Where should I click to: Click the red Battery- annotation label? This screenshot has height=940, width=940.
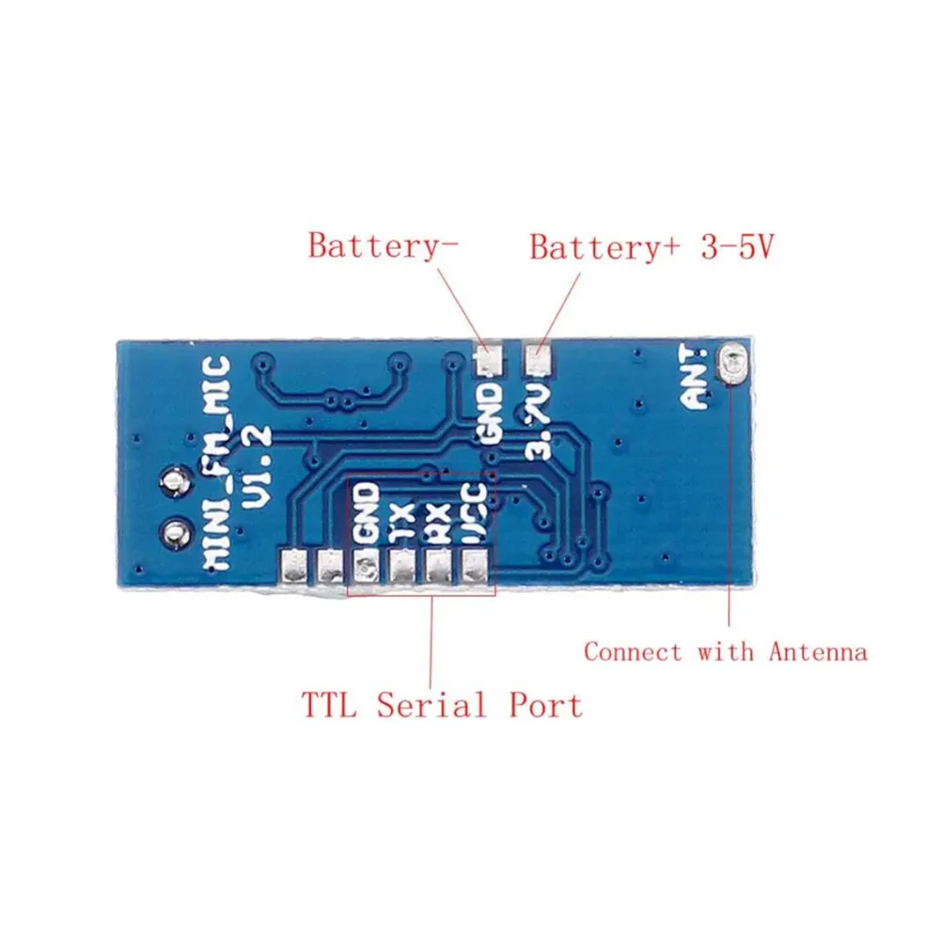click(x=384, y=246)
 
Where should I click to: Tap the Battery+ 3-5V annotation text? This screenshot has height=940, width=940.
click(x=651, y=247)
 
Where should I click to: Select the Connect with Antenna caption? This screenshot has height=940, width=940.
click(x=725, y=651)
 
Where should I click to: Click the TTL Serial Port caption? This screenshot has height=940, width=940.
click(x=442, y=704)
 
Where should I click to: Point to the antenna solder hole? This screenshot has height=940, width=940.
click(x=732, y=362)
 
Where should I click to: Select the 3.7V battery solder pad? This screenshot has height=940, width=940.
click(x=538, y=359)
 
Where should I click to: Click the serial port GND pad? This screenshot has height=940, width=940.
click(x=366, y=566)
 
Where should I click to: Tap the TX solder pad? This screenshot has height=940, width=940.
click(x=402, y=566)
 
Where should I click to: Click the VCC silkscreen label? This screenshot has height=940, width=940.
click(x=475, y=513)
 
